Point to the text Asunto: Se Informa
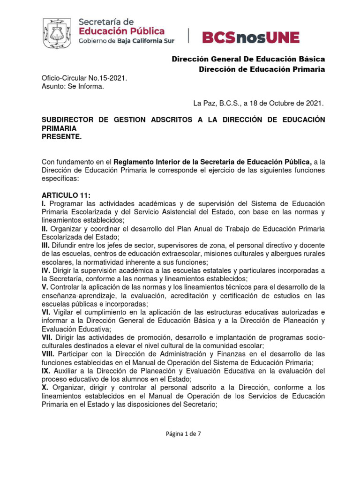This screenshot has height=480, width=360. pyautogui.click(x=73, y=86)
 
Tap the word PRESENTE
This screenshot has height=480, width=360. pyautogui.click(x=62, y=137)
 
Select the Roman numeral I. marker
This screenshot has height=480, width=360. pyautogui.click(x=44, y=203)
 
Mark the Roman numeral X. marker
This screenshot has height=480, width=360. pyautogui.click(x=45, y=388)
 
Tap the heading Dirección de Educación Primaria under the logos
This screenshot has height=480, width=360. pyautogui.click(x=262, y=69)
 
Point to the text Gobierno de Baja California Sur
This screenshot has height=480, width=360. pyautogui.click(x=127, y=41)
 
